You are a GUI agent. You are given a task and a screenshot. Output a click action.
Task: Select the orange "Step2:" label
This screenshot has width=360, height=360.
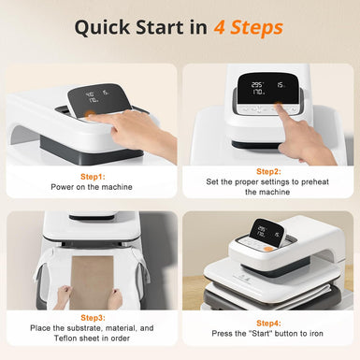(x=268, y=171)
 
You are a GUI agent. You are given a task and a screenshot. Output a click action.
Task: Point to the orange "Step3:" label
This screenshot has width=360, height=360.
(x=91, y=318)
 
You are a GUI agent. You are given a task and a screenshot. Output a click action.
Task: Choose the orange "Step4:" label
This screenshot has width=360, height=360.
(x=268, y=322)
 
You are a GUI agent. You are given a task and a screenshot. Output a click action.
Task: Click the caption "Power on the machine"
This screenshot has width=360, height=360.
(x=91, y=186)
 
